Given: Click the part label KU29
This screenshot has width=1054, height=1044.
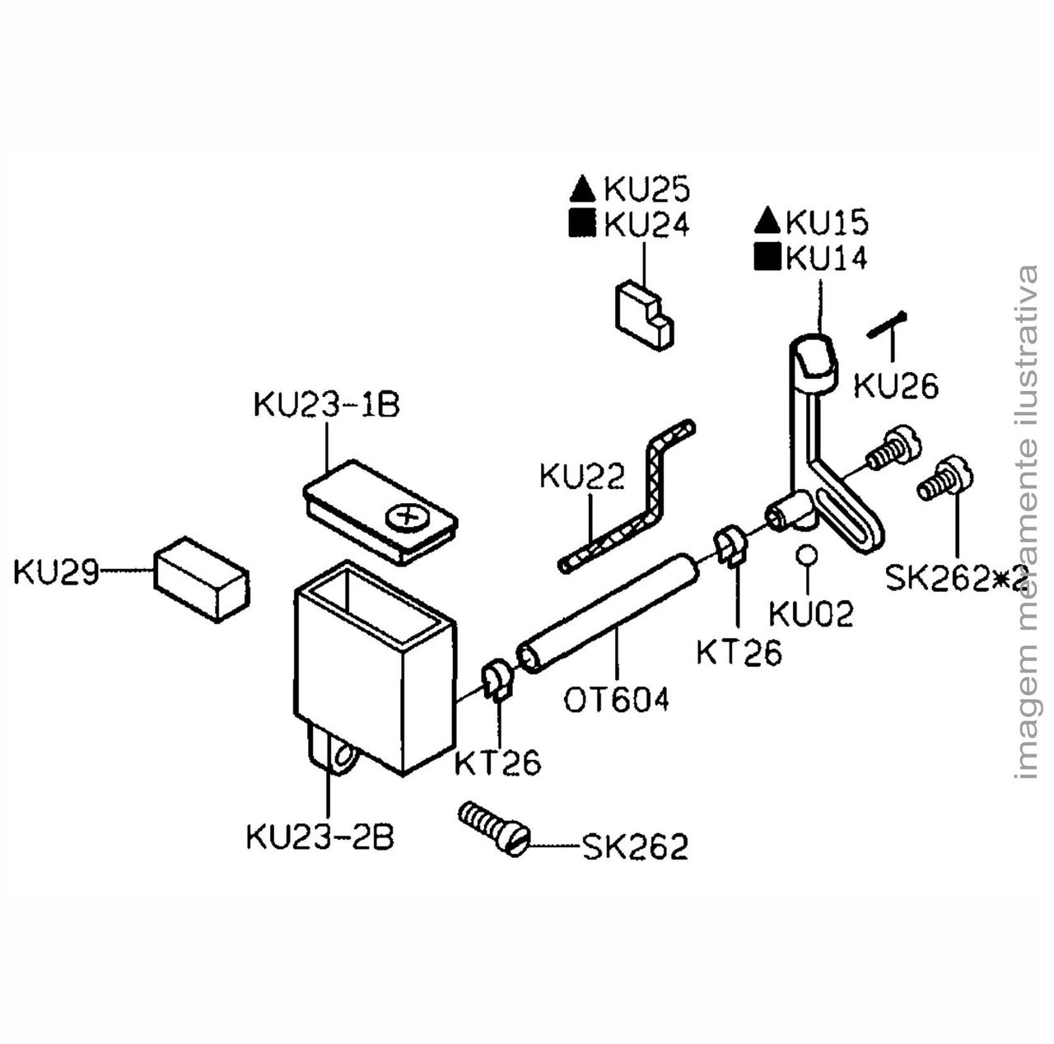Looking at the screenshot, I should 55,571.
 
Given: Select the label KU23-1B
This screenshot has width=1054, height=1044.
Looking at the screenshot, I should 326,405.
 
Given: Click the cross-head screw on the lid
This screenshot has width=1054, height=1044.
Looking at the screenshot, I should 403,518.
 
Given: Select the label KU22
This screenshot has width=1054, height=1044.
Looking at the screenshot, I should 581,477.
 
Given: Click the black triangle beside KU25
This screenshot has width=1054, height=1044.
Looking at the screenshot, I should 582,191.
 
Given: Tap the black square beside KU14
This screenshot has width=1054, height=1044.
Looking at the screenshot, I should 767,258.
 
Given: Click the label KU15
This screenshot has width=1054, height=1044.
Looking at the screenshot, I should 827,222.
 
